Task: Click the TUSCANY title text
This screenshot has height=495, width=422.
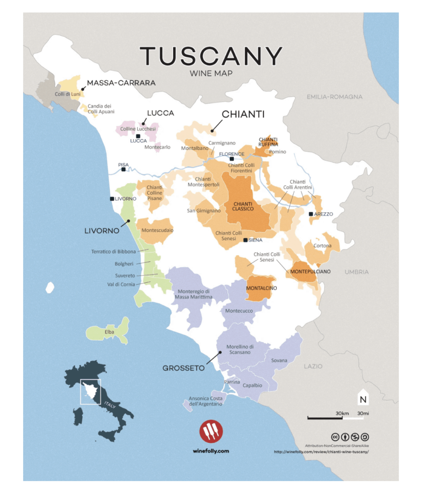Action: point(211,57)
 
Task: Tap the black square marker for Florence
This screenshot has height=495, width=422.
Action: point(232,159)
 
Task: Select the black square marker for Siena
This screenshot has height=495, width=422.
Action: point(245,240)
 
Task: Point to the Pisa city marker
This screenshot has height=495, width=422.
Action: point(124,169)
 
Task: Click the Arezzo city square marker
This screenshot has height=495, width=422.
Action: point(311,214)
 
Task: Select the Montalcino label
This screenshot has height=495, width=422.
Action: point(261,288)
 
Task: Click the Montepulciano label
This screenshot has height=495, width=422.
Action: point(310,272)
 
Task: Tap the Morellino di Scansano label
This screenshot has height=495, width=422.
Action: point(239,349)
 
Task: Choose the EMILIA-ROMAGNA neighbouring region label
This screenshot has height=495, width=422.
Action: point(334,97)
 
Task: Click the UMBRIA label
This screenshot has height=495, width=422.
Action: point(357,272)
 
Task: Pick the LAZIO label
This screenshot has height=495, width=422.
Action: point(313,366)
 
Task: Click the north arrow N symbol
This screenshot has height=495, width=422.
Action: point(362,399)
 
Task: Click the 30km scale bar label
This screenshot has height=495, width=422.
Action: point(342,413)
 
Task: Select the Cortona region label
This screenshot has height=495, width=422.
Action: point(322,246)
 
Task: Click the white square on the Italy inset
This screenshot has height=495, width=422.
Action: point(90,392)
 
